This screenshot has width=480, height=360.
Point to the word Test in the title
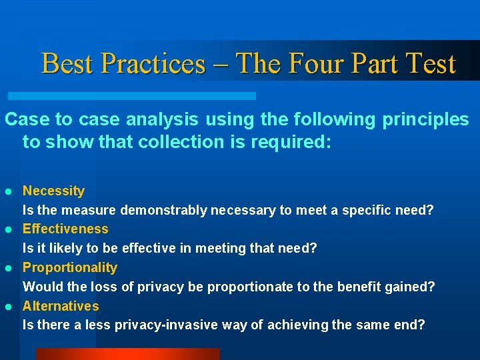(x=431, y=64)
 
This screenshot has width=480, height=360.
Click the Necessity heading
(x=53, y=191)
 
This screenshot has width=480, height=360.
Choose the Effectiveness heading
(x=65, y=229)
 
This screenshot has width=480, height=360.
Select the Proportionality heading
(x=70, y=267)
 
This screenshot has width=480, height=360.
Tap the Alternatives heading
(x=61, y=306)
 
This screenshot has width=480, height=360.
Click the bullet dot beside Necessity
(x=9, y=191)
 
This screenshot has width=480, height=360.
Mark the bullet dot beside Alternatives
(x=9, y=307)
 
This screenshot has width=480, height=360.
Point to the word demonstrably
(x=164, y=210)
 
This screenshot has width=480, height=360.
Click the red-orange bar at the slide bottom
(x=127, y=354)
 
